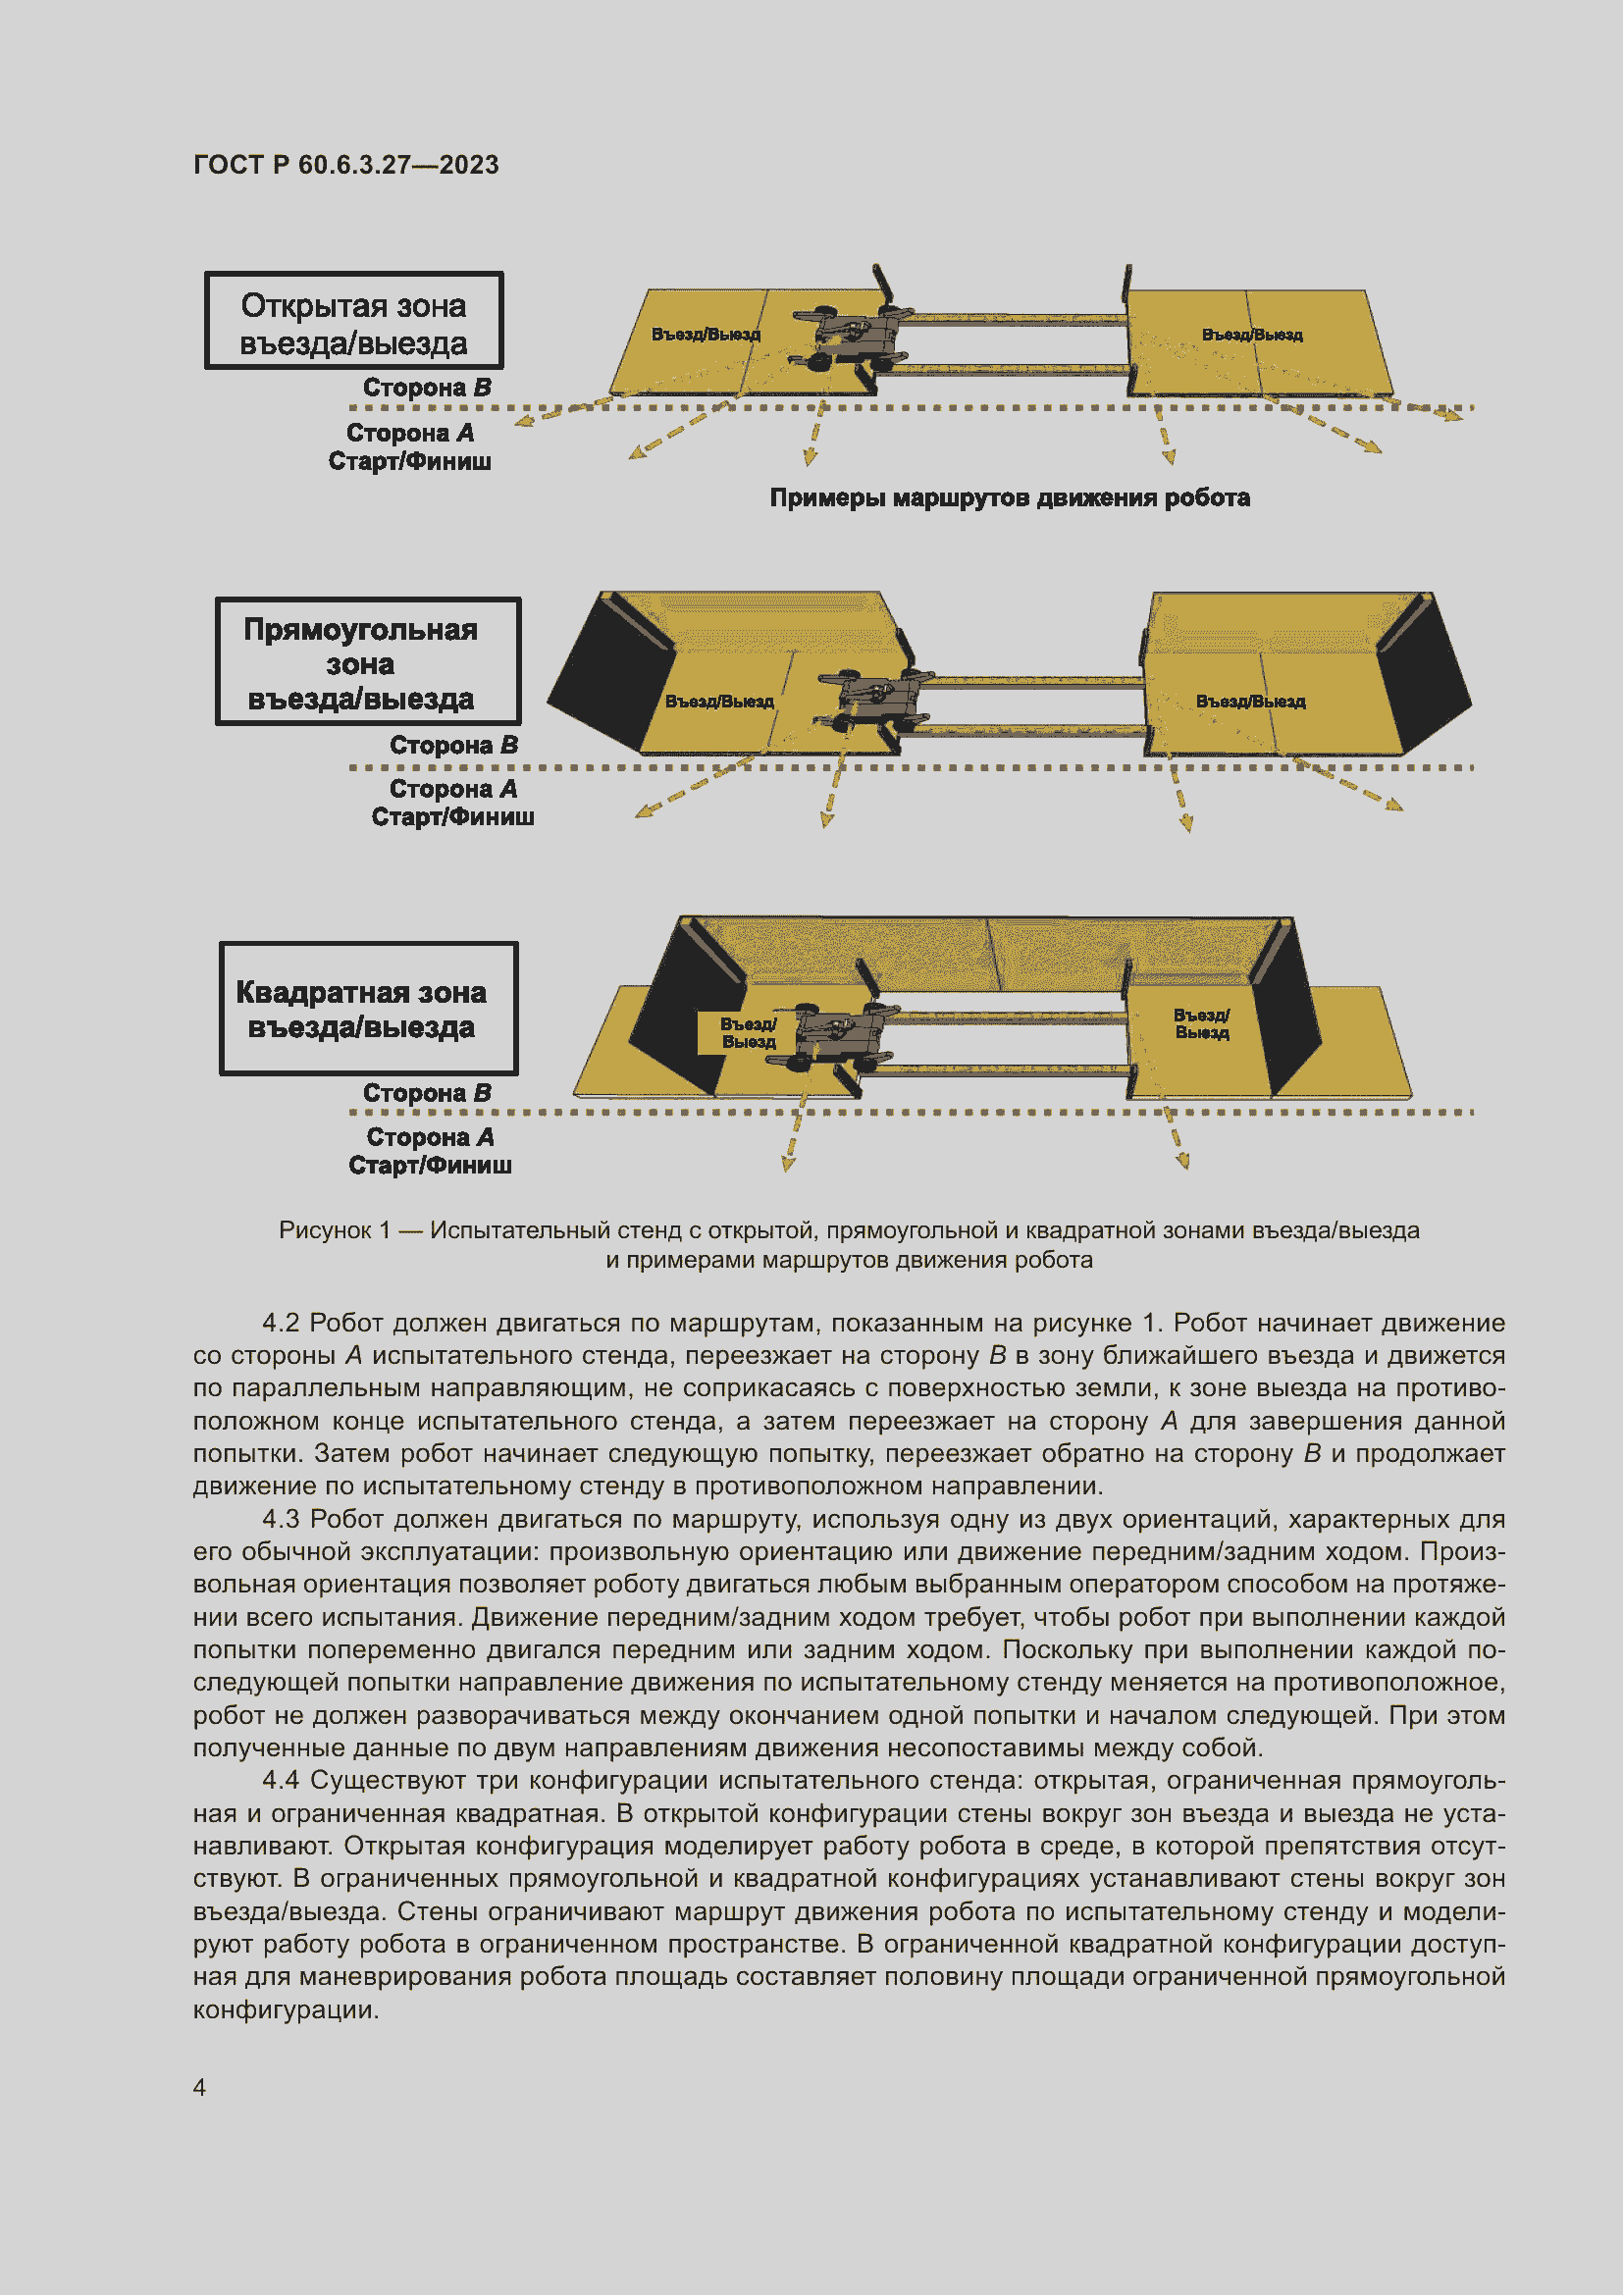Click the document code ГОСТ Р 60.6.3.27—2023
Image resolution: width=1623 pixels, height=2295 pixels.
pyautogui.click(x=345, y=165)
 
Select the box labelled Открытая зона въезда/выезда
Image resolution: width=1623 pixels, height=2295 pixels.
pyautogui.click(x=354, y=322)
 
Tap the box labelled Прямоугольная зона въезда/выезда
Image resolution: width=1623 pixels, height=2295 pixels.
pyautogui.click(x=368, y=661)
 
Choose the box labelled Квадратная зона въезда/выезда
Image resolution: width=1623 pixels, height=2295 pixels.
pyautogui.click(x=368, y=1009)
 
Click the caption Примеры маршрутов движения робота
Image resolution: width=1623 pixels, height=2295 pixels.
pyautogui.click(x=1010, y=497)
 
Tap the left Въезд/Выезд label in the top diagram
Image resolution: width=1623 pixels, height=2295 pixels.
pyautogui.click(x=706, y=334)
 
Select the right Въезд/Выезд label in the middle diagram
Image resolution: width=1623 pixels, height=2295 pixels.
pyautogui.click(x=1250, y=702)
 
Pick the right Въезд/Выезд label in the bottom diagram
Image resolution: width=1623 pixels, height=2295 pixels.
pyautogui.click(x=1201, y=1023)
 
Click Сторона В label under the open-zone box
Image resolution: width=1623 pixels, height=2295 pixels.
pyautogui.click(x=427, y=388)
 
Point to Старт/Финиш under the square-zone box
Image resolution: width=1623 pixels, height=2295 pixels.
pyautogui.click(x=430, y=1166)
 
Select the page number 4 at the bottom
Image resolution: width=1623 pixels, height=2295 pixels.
pyautogui.click(x=199, y=2087)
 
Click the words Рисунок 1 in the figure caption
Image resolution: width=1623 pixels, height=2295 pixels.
pyautogui.click(x=334, y=1230)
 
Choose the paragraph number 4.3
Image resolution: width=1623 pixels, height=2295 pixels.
pyautogui.click(x=281, y=1519)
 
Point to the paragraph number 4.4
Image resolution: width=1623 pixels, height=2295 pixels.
pyautogui.click(x=281, y=1781)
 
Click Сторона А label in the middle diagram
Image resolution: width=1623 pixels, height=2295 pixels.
pyautogui.click(x=452, y=790)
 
